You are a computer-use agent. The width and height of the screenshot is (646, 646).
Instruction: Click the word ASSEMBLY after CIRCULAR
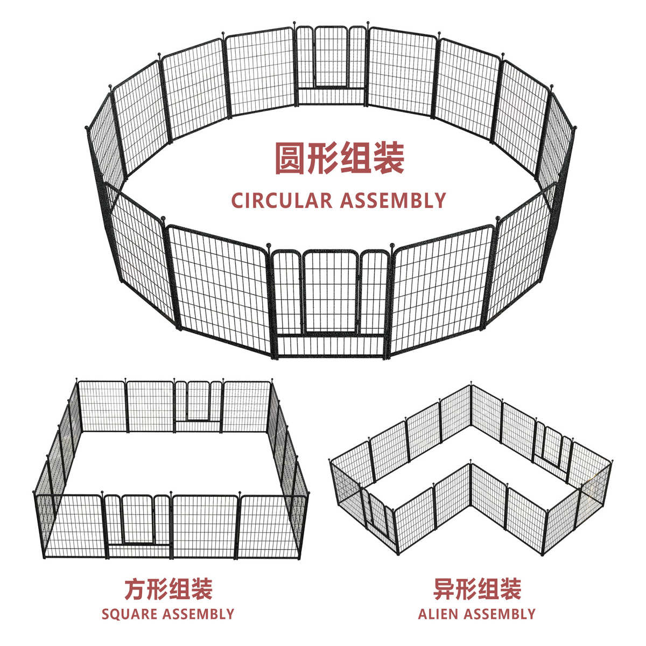click(x=393, y=200)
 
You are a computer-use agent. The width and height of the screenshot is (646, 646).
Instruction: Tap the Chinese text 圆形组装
click(x=339, y=158)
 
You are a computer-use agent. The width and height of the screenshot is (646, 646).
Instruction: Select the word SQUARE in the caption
click(x=129, y=614)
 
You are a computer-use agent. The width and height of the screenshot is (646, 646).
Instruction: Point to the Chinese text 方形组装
click(x=168, y=589)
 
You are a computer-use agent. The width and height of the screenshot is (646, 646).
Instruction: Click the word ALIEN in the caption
click(x=438, y=614)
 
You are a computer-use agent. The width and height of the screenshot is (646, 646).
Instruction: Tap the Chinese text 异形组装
click(x=477, y=589)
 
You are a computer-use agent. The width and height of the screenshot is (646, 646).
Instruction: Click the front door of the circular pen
click(x=329, y=293)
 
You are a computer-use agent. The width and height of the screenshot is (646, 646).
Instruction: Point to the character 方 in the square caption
click(x=135, y=589)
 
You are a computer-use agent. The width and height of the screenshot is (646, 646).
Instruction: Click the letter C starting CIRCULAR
click(x=237, y=200)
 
